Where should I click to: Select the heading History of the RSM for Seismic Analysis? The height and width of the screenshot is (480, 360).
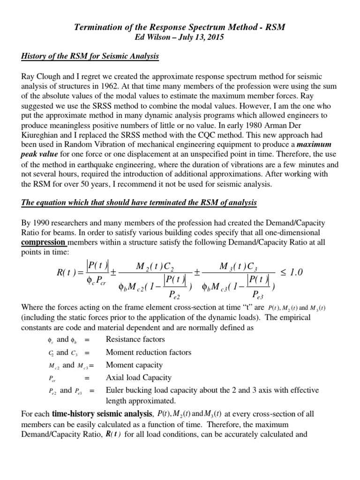coord(90,57)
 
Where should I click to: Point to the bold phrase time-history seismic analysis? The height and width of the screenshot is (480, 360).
coord(102,413)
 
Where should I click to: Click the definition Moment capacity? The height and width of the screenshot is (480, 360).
coord(134,365)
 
